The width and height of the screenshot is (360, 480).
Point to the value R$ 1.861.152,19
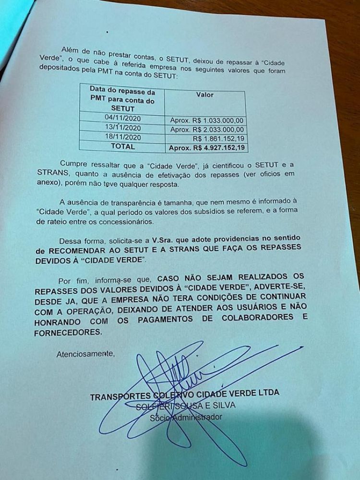click(218, 139)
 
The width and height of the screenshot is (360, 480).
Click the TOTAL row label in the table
click(123, 145)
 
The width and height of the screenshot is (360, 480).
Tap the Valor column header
click(205, 95)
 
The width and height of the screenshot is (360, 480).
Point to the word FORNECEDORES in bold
click(69, 332)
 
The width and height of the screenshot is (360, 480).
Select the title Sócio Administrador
click(185, 417)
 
